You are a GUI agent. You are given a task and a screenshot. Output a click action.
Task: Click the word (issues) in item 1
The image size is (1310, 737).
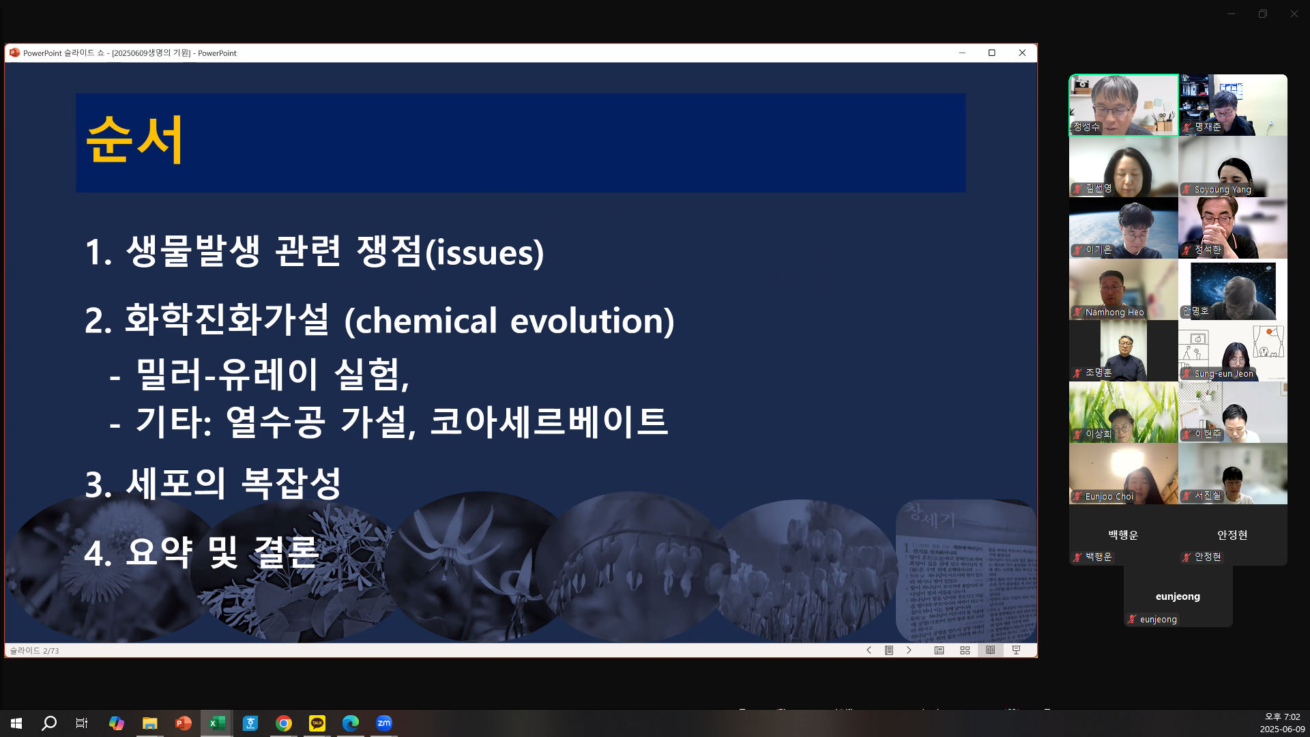(x=484, y=252)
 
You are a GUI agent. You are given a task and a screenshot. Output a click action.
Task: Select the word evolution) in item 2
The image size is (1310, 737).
(x=592, y=321)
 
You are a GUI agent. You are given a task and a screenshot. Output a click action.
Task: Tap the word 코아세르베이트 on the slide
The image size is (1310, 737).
(x=549, y=421)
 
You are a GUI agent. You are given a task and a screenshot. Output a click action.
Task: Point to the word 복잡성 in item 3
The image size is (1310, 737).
(x=291, y=484)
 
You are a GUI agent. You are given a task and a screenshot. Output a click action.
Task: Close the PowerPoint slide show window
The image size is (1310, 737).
(x=1021, y=53)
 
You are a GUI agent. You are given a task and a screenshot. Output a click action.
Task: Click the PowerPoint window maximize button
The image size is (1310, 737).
(x=991, y=53)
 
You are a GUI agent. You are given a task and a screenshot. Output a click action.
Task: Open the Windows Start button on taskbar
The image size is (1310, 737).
(x=16, y=723)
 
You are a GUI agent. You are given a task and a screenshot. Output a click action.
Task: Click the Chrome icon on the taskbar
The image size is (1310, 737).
(x=284, y=723)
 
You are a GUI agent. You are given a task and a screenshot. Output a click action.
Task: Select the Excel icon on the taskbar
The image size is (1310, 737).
(x=217, y=723)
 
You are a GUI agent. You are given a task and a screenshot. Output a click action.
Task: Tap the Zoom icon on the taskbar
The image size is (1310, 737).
(x=384, y=723)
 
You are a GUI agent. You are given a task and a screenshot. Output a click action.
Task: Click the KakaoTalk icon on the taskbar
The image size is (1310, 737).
(x=317, y=723)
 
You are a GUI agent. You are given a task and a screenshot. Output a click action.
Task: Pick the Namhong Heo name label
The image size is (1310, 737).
(x=1114, y=313)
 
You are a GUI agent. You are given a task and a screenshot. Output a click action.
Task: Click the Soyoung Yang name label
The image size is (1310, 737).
(x=1223, y=190)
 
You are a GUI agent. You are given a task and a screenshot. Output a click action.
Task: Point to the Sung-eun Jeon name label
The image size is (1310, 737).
(x=1223, y=374)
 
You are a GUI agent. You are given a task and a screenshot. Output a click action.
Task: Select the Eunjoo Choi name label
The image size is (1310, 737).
(x=1109, y=497)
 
